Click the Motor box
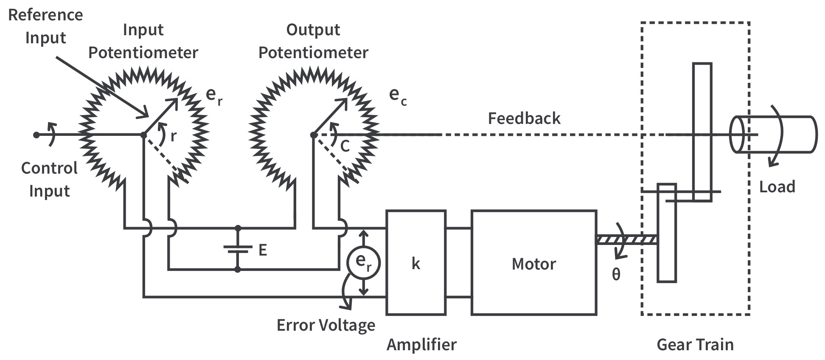click(x=533, y=262)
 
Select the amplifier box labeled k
click(x=415, y=262)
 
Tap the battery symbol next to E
click(x=238, y=249)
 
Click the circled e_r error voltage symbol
click(x=363, y=262)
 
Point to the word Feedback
click(x=524, y=118)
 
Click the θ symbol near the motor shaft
click(x=616, y=274)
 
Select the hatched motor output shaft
click(x=626, y=240)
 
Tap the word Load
click(x=777, y=187)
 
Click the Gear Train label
click(x=695, y=344)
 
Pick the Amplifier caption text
click(x=421, y=344)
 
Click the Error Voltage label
click(x=326, y=325)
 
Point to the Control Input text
click(x=49, y=180)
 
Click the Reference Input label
click(x=45, y=26)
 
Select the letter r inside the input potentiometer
click(x=173, y=136)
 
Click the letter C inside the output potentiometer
click(x=345, y=146)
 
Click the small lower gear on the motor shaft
click(x=666, y=233)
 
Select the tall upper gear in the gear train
click(x=702, y=132)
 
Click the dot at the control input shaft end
click(x=36, y=135)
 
